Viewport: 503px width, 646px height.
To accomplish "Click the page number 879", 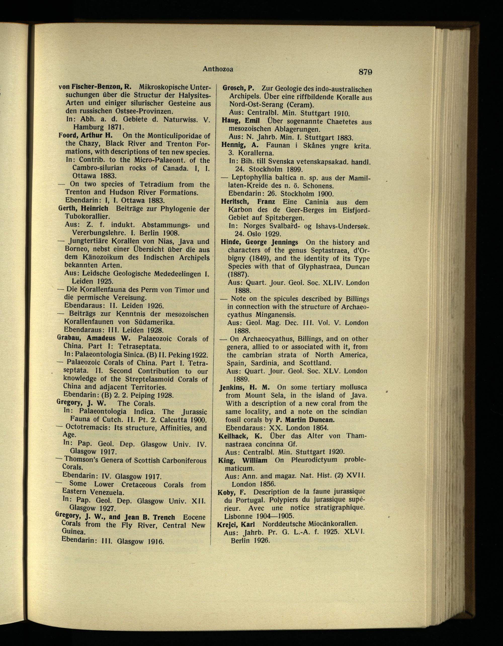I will [x=365, y=72].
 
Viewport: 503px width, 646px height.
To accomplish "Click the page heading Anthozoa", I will [x=218, y=69].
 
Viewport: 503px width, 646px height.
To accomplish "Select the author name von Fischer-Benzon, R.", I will [x=95, y=87].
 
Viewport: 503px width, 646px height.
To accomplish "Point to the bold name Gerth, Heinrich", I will [x=83, y=209].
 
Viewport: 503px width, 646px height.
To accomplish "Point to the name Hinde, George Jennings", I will [x=259, y=242].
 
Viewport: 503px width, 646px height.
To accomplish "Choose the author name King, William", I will [x=243, y=461].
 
